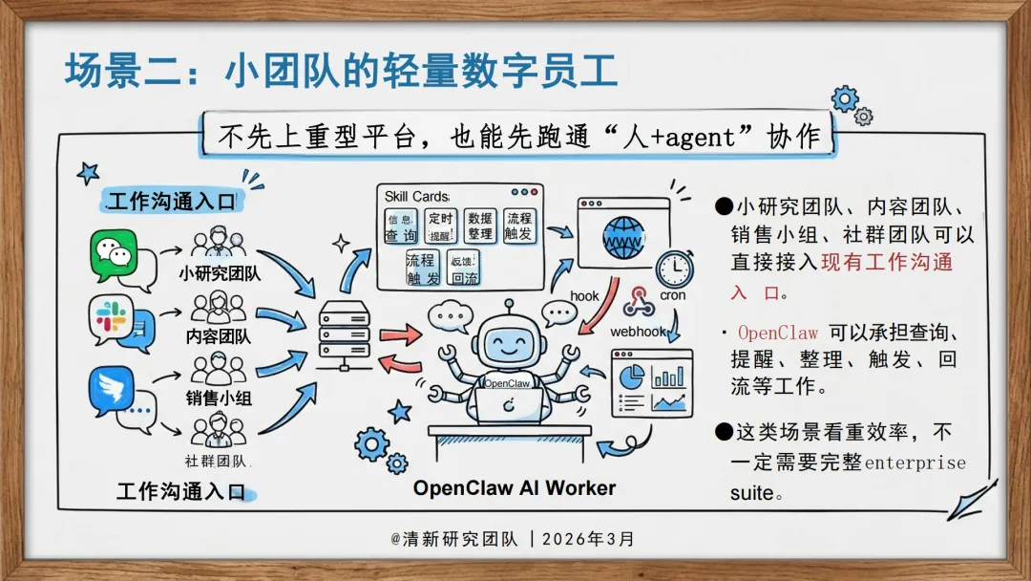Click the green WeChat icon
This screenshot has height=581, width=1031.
coord(115,253)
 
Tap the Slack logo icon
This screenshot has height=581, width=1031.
coord(112,316)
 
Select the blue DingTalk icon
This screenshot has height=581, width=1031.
coord(112,389)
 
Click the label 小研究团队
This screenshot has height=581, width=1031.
coord(219,273)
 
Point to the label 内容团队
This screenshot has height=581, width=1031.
coord(219,336)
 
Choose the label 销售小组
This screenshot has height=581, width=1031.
coord(219,398)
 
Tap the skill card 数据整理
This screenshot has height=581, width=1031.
coord(480,226)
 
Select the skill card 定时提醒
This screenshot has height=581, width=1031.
coord(440,226)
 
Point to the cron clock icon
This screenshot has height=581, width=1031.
coord(675,269)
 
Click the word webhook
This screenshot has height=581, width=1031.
coord(637,332)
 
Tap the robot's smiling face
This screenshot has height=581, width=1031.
coord(506,338)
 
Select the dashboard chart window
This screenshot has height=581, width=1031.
coord(651,382)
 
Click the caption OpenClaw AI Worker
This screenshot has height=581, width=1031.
coord(515,488)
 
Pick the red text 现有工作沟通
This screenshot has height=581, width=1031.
coord(887,262)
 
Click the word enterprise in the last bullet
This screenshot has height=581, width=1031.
coord(915,463)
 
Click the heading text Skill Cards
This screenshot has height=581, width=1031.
coord(416,197)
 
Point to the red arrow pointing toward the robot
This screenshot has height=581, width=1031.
coord(400,334)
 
